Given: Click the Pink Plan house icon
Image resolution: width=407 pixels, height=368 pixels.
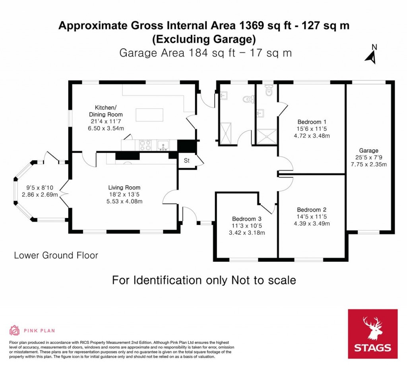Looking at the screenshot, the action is [15, 330].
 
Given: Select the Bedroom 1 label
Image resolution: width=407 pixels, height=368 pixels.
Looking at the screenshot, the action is [312, 122].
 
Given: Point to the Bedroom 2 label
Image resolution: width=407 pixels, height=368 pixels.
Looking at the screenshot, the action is [312, 210].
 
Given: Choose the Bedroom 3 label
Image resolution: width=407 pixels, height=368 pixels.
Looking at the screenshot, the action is [246, 219].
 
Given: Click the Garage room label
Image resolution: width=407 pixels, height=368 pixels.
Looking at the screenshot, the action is [368, 150].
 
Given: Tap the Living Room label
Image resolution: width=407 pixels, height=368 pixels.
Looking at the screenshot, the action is [124, 188].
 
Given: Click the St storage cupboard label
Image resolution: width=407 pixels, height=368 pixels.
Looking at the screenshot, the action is [187, 161].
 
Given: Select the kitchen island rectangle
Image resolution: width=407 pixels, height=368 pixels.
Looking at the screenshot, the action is [149, 115].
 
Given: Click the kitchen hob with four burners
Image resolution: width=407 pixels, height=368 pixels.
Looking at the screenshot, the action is [145, 145].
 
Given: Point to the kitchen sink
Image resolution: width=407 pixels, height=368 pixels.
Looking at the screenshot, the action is [163, 145].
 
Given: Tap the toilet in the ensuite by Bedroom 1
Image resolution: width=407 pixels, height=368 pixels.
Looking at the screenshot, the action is [268, 90].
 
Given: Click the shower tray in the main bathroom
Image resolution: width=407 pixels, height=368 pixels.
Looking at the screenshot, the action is [226, 133].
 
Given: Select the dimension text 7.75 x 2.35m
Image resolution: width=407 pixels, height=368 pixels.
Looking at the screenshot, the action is [368, 164].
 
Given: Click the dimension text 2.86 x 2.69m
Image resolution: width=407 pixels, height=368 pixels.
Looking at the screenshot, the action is [40, 194].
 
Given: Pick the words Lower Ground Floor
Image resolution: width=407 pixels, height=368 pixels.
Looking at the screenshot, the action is [56, 255].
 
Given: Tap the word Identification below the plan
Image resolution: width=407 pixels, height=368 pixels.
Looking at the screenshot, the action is [167, 280].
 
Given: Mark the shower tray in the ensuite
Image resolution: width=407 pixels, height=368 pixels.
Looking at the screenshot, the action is [266, 136].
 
